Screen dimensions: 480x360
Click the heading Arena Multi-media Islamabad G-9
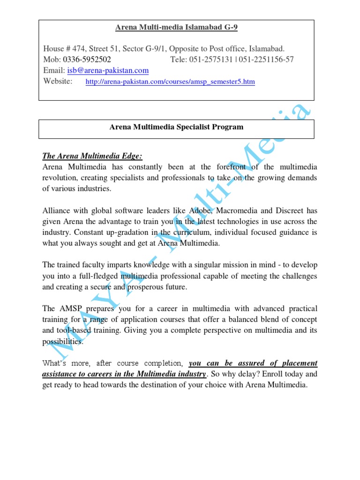[x=176, y=28]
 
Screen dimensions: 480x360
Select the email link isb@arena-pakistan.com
[x=108, y=70]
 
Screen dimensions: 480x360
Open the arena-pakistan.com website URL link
[x=170, y=82]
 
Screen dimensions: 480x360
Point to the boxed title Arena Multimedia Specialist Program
[x=176, y=127]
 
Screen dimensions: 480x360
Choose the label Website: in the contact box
[x=58, y=82]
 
